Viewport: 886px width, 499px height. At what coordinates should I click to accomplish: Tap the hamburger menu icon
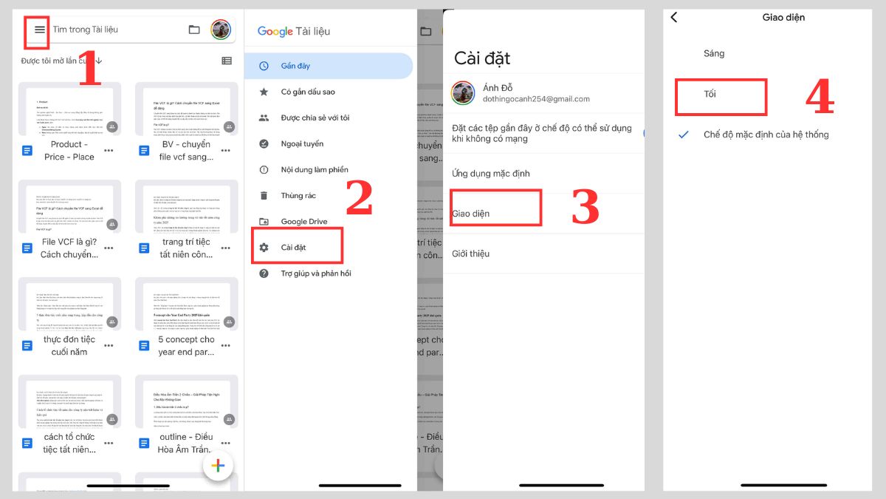[x=40, y=30]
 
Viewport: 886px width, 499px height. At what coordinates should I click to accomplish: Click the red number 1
[x=89, y=69]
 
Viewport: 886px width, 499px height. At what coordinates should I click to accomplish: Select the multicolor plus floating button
[x=218, y=465]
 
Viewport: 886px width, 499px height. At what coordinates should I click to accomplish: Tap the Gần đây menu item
[x=295, y=66]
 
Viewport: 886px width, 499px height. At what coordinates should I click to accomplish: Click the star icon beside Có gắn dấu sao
[x=264, y=92]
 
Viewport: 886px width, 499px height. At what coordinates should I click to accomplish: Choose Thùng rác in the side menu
[x=298, y=196]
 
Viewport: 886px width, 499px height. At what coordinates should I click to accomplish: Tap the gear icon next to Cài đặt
[x=264, y=248]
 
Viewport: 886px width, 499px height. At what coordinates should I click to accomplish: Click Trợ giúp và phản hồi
[x=315, y=274]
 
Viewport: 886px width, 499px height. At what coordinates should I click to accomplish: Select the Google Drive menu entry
[x=303, y=222]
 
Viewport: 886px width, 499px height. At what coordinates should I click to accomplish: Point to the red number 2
[x=359, y=198]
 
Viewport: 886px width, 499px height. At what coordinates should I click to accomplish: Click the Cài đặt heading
[x=481, y=58]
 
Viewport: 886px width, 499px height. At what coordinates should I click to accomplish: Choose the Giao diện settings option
[x=471, y=214]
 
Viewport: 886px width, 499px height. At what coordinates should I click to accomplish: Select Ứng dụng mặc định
[x=490, y=174]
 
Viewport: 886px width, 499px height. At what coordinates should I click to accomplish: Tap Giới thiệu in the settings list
[x=470, y=254]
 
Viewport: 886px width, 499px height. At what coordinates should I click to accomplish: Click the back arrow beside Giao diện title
[x=673, y=18]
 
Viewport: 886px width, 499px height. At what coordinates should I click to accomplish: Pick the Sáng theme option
[x=714, y=53]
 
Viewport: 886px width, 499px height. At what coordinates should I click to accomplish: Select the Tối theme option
[x=710, y=94]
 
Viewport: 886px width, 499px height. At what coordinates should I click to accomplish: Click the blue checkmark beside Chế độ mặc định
[x=684, y=135]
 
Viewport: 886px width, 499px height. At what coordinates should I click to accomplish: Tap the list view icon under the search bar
[x=227, y=61]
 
